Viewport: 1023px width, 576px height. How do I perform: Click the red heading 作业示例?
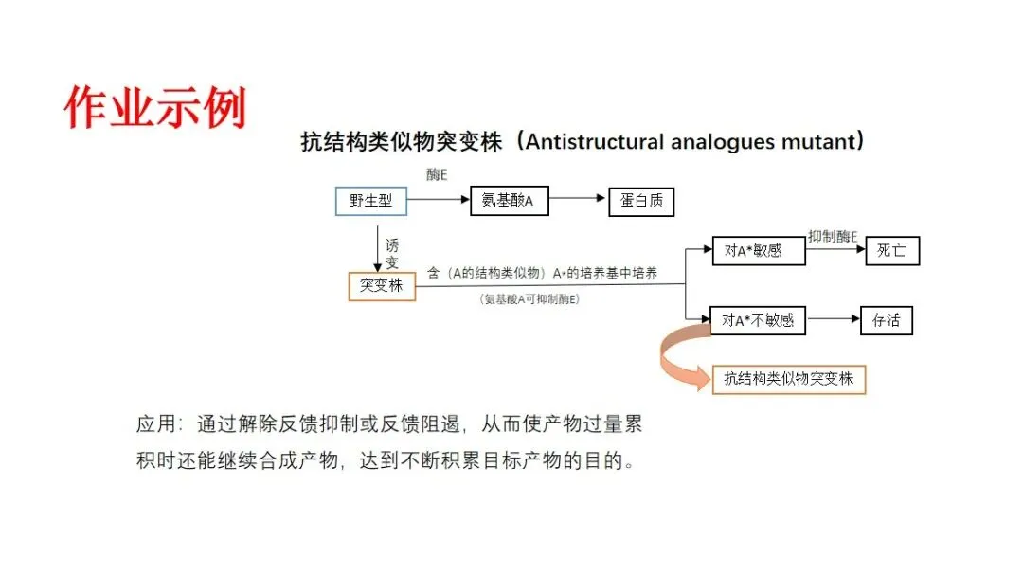[x=155, y=107]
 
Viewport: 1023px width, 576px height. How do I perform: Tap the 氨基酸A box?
[x=509, y=201]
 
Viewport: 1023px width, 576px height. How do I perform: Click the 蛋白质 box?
[x=641, y=202]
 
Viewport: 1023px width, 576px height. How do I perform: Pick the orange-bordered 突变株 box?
[x=382, y=285]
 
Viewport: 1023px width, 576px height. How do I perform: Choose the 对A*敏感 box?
[x=753, y=251]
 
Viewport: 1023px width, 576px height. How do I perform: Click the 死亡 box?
[x=891, y=251]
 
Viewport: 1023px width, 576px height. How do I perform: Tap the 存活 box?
[x=886, y=320]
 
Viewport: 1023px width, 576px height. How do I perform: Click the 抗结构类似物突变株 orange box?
[x=788, y=379]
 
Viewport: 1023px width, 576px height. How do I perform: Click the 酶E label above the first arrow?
[x=437, y=173]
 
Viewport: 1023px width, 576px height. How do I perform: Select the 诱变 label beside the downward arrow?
[x=392, y=254]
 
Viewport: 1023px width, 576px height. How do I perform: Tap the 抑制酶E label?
[x=833, y=235]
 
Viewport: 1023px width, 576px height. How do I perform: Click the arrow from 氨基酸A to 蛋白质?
[x=578, y=199]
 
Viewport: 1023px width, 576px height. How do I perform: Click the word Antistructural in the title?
[x=594, y=142]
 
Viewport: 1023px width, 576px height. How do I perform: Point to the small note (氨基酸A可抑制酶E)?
[x=530, y=299]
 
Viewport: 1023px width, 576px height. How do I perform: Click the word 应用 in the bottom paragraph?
[x=157, y=424]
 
